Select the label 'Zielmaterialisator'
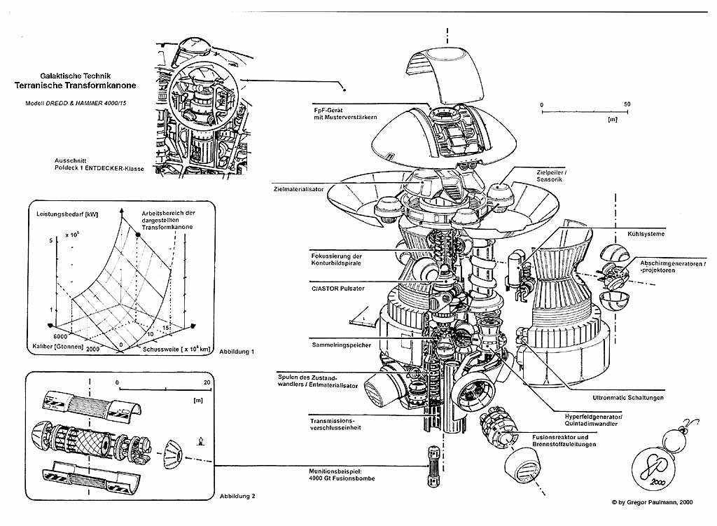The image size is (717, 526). pos(303,188)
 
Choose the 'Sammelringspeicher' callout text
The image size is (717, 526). pos(341,345)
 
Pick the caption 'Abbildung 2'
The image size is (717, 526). pos(237,496)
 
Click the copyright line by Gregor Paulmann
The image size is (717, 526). pos(652,502)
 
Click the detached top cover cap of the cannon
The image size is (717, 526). pos(445,77)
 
